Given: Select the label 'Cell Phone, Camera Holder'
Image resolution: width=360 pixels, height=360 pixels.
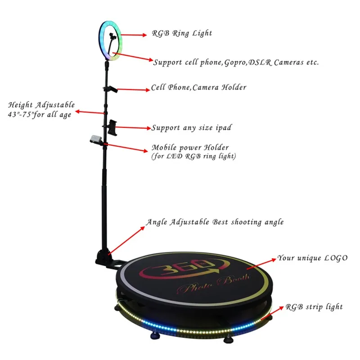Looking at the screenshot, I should point(198,87).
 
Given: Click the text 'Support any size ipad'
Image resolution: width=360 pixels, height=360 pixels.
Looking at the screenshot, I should point(191,128).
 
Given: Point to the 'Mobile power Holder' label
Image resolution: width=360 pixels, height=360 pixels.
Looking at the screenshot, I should point(190,148).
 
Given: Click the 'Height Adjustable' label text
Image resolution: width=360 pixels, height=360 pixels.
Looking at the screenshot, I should point(41,105).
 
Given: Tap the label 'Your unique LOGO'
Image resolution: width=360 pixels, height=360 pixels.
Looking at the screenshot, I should point(312,258).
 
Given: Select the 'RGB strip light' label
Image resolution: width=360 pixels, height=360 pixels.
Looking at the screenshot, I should point(314,307).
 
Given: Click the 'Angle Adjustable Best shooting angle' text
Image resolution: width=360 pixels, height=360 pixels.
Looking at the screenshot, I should point(215,222).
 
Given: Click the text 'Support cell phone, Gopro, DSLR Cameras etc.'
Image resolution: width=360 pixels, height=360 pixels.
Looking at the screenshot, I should point(236,63).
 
